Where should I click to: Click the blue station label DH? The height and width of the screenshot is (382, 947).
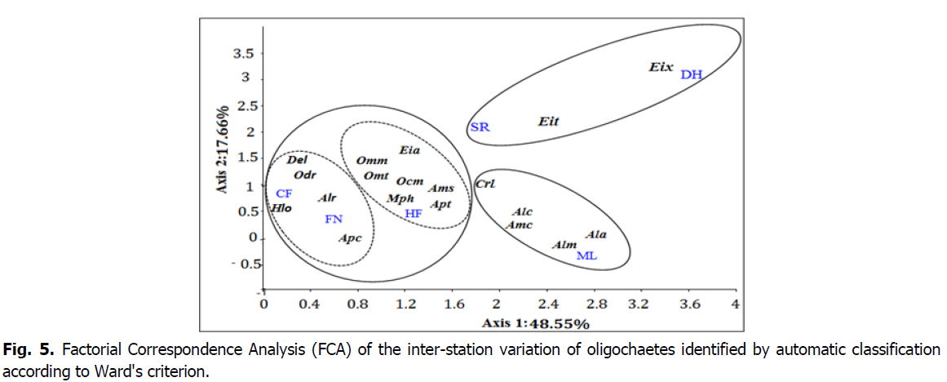pyautogui.click(x=691, y=74)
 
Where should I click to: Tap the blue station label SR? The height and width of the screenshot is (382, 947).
pyautogui.click(x=480, y=127)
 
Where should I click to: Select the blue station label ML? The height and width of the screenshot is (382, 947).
pyautogui.click(x=587, y=255)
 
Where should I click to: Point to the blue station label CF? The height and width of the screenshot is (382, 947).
pyautogui.click(x=284, y=193)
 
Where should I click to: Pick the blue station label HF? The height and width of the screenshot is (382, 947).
pyautogui.click(x=414, y=213)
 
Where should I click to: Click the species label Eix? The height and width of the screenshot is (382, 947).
pyautogui.click(x=661, y=68)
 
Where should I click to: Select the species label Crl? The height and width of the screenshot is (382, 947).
pyautogui.click(x=485, y=184)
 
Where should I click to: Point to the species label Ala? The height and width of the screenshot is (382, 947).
pyautogui.click(x=596, y=235)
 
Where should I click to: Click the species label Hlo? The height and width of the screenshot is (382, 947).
pyautogui.click(x=281, y=209)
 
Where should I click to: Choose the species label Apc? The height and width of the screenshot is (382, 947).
pyautogui.click(x=350, y=238)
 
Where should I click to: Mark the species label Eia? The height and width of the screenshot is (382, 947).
pyautogui.click(x=409, y=150)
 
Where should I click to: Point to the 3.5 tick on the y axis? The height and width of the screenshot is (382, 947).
pyautogui.click(x=246, y=54)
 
